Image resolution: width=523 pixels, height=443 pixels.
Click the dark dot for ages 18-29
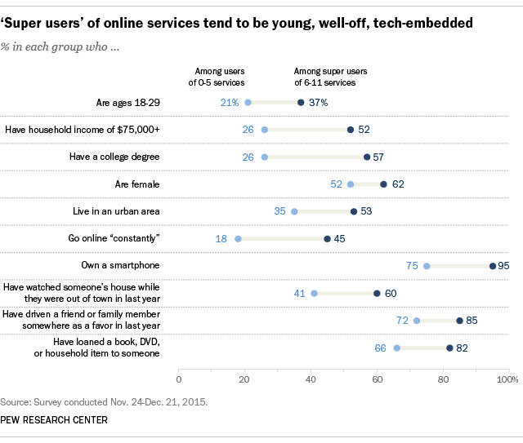(301, 102)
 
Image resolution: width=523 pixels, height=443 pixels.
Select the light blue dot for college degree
(264, 157)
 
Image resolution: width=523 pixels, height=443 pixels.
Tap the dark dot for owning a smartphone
(493, 266)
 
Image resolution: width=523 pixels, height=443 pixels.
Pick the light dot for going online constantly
(238, 239)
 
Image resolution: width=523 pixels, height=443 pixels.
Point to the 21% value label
(230, 102)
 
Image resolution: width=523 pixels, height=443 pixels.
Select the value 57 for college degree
(379, 157)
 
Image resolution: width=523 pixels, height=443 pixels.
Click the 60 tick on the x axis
(377, 379)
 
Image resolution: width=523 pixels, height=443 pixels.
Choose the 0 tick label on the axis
(179, 379)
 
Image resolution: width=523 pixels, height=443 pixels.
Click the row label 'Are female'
(136, 184)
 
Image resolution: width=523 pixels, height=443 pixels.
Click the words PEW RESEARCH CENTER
(55, 419)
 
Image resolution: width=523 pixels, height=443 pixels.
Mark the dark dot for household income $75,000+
(351, 130)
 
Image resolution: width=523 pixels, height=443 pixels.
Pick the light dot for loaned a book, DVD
(397, 348)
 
